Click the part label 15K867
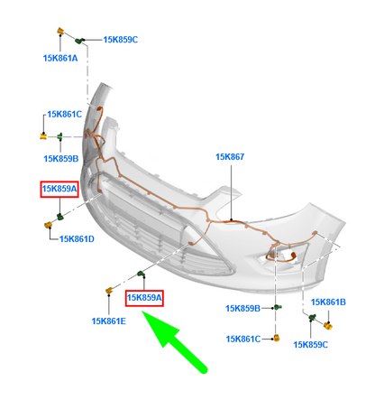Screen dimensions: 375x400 click(230, 157)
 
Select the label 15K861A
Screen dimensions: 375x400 click(60, 58)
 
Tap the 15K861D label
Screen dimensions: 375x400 click(77, 239)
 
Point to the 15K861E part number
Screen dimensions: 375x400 click(109, 321)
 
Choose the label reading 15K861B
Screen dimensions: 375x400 click(328, 302)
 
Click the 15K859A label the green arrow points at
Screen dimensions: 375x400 click(144, 298)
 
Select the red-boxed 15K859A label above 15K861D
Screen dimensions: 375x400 click(59, 189)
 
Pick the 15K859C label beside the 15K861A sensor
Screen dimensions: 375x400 click(121, 40)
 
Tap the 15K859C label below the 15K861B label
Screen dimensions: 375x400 click(311, 345)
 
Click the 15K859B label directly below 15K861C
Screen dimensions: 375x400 click(61, 159)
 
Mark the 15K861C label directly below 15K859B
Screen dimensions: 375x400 click(243, 340)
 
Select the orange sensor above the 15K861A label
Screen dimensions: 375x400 click(60, 31)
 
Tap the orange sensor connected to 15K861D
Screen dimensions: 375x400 click(48, 225)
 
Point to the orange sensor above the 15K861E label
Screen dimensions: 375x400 click(109, 291)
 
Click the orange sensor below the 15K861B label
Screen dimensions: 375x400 click(328, 325)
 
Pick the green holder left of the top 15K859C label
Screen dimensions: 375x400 click(79, 41)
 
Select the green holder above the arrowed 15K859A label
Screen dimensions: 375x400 click(142, 274)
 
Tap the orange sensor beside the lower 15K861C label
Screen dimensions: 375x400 click(277, 338)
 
